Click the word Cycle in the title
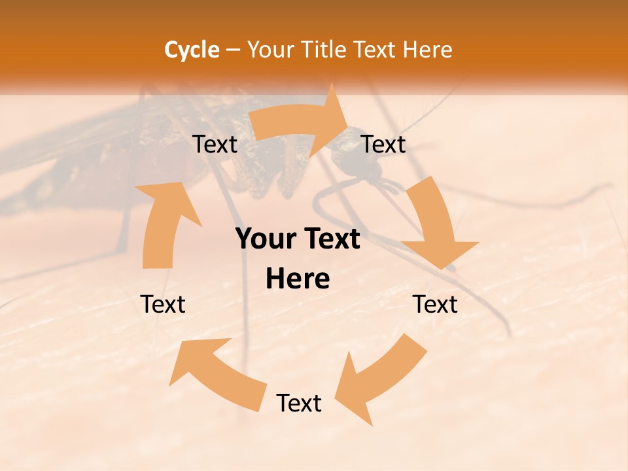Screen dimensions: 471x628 pyautogui.click(x=192, y=50)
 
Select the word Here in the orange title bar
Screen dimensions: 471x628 pyautogui.click(x=427, y=50)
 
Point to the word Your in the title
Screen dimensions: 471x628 pyautogui.click(x=270, y=50)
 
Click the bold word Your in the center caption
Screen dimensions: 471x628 pyautogui.click(x=265, y=239)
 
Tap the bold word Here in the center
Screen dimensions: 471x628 pyautogui.click(x=298, y=279)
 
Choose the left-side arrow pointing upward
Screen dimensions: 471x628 pyautogui.click(x=164, y=222)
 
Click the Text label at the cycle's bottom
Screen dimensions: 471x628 pyautogui.click(x=299, y=403)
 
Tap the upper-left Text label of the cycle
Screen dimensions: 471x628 pyautogui.click(x=215, y=144)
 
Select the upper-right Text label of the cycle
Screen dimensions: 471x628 pyautogui.click(x=384, y=144)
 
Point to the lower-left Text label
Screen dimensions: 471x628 pyautogui.click(x=163, y=304)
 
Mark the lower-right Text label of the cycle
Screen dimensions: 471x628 pyautogui.click(x=436, y=304)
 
